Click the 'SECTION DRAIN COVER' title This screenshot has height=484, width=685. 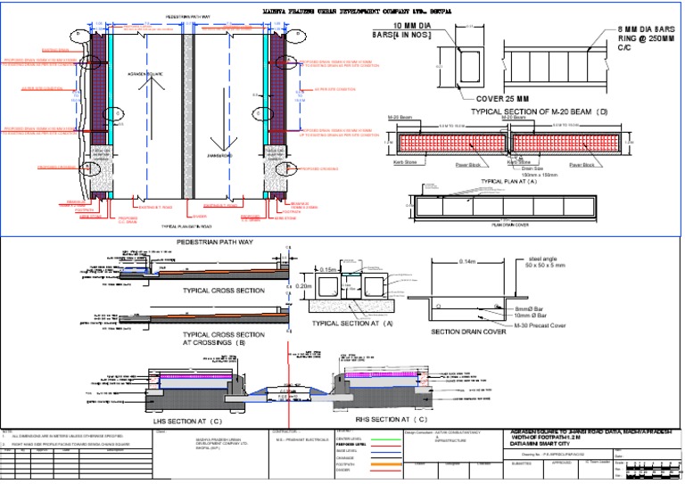tap(475, 332)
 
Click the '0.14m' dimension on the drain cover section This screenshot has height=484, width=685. tap(467, 261)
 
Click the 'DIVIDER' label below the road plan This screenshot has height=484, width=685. tap(200, 215)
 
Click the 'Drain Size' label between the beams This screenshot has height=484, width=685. tap(532, 167)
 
